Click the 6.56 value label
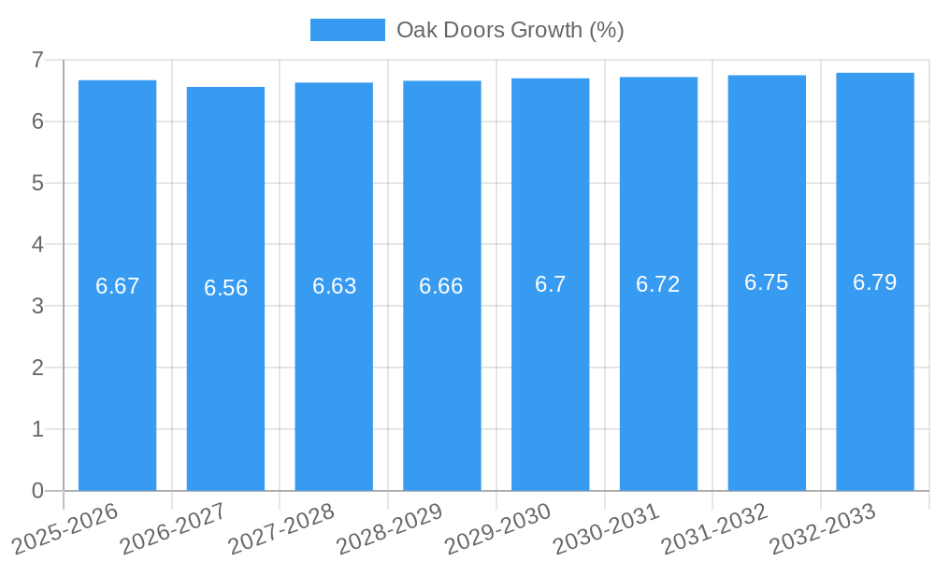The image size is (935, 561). pyautogui.click(x=225, y=288)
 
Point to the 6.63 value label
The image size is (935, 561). pyautogui.click(x=334, y=286)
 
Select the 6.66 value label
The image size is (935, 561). pyautogui.click(x=441, y=286)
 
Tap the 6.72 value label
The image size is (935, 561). pyautogui.click(x=658, y=284)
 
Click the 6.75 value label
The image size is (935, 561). pyautogui.click(x=767, y=283)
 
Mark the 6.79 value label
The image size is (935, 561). pyautogui.click(x=875, y=282)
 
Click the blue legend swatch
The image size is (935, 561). pyautogui.click(x=347, y=30)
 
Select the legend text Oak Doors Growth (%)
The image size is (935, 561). pyautogui.click(x=511, y=30)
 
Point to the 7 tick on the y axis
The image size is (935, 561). pyautogui.click(x=37, y=60)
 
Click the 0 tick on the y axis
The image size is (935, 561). pyautogui.click(x=37, y=491)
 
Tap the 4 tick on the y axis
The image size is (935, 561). pyautogui.click(x=37, y=245)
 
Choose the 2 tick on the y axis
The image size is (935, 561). pyautogui.click(x=37, y=367)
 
